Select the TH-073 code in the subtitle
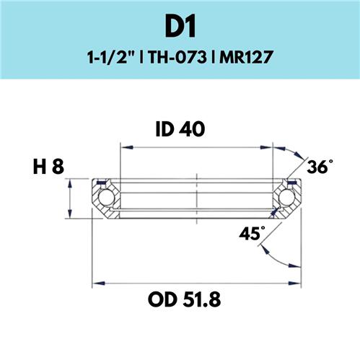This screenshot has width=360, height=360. pyautogui.click(x=177, y=58)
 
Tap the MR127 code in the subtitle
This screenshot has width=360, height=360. pyautogui.click(x=246, y=58)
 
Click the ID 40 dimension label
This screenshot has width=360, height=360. pyautogui.click(x=180, y=129)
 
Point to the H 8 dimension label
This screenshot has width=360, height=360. pyautogui.click(x=48, y=167)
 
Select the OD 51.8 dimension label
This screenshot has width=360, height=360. pyautogui.click(x=184, y=299)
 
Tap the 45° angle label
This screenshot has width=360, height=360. pyautogui.click(x=252, y=233)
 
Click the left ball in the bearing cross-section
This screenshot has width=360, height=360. pyautogui.click(x=106, y=198)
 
